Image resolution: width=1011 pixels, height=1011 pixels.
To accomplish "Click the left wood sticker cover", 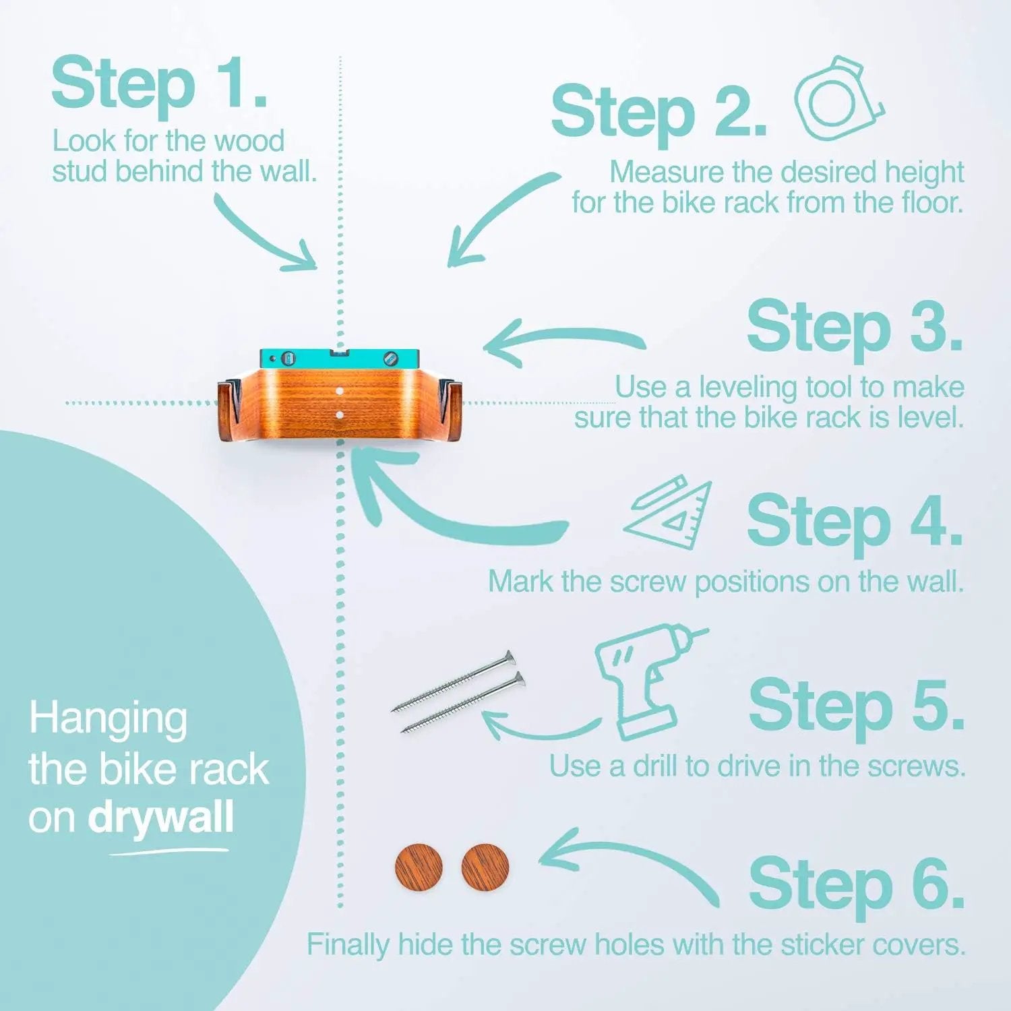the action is pyautogui.click(x=419, y=866).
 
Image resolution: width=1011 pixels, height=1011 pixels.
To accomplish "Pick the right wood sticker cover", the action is pyautogui.click(x=485, y=866).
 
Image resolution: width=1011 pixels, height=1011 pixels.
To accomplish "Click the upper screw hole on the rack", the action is pyautogui.click(x=340, y=391).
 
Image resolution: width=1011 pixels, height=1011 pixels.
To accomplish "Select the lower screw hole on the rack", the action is pyautogui.click(x=340, y=415).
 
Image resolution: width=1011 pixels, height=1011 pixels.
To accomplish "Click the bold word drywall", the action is pyautogui.click(x=160, y=819).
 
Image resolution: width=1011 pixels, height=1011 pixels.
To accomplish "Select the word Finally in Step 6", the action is pyautogui.click(x=348, y=946).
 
